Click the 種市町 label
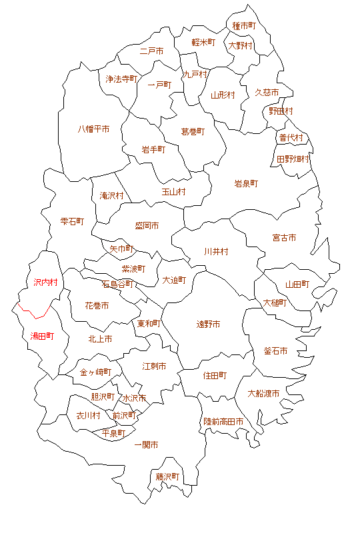point(244,26)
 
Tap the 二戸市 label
point(152,51)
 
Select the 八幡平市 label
point(94,129)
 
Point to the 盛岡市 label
point(147,226)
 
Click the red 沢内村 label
point(45,282)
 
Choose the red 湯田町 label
point(42,336)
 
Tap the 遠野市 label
point(208,324)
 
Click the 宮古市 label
point(284,237)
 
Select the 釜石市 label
point(275,350)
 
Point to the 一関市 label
point(146,444)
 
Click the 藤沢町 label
point(168,477)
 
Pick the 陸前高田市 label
point(223,422)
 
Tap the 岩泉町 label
point(246,183)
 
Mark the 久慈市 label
point(267,93)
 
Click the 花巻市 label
point(97,305)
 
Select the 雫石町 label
point(72,221)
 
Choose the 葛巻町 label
point(193,132)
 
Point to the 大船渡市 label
point(263,393)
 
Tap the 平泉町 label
point(113,433)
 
